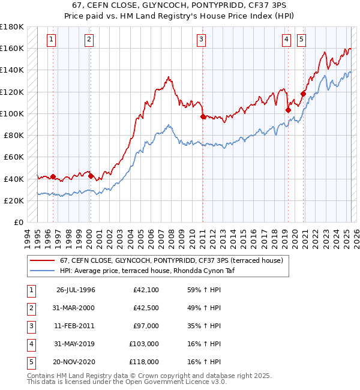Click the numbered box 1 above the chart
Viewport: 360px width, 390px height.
[52, 40]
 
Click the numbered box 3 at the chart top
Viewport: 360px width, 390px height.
[201, 40]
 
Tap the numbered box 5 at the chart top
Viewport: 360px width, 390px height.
[301, 40]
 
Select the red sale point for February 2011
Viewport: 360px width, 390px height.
[203, 116]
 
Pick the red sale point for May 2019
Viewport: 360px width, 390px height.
[288, 110]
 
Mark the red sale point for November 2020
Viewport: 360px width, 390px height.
[303, 94]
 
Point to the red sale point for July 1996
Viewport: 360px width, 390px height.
[53, 176]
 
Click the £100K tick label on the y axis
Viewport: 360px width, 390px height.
[11, 113]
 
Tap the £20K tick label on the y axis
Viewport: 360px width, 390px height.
[14, 200]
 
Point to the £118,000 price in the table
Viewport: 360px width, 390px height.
[145, 362]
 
